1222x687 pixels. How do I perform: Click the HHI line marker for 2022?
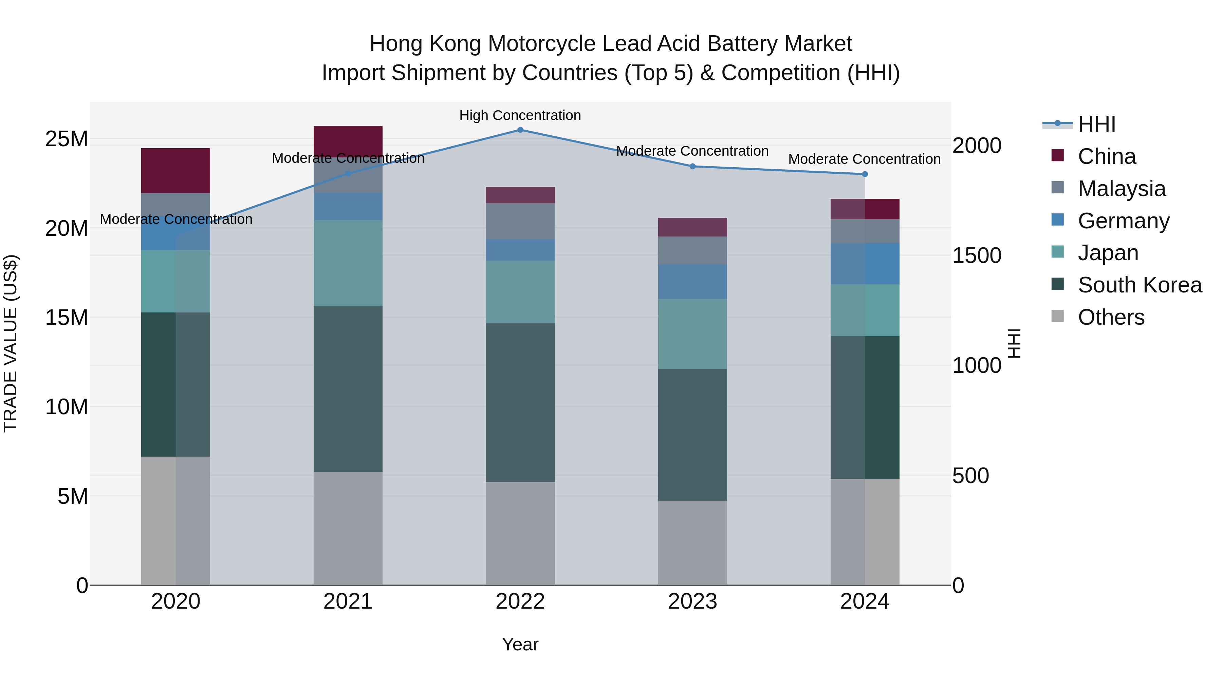(x=520, y=130)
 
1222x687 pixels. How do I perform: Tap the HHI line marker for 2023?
(x=692, y=167)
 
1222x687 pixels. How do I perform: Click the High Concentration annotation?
(x=520, y=116)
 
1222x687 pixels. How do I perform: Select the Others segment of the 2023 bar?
(x=692, y=542)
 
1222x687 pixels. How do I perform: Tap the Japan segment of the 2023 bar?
(x=692, y=334)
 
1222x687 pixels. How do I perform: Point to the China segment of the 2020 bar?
(x=175, y=170)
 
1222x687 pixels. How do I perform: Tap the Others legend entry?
(x=1111, y=317)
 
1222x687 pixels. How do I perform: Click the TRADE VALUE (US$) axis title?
(x=11, y=343)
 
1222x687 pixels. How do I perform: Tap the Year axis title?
(x=520, y=644)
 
